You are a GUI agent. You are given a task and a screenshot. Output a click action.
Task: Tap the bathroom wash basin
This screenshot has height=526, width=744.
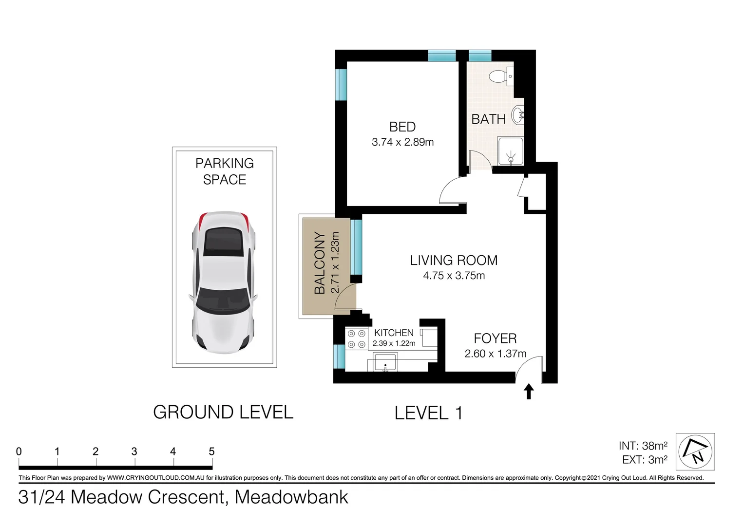coord(518,115)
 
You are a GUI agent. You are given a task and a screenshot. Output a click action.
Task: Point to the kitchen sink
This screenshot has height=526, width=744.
coord(385,363)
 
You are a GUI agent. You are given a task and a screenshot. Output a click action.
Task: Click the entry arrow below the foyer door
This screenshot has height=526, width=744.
coord(529,392)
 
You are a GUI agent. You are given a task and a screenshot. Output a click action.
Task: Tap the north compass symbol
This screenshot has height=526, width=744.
coord(695,451)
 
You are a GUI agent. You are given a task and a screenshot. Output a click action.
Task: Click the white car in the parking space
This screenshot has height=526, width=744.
coord(223,282)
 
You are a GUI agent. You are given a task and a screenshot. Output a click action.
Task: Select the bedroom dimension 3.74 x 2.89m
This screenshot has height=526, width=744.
coord(402,142)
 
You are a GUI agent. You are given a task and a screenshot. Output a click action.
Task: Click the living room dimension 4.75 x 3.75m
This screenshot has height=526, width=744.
coord(454,276)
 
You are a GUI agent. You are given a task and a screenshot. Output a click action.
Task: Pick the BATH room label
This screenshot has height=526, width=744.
coord(488,119)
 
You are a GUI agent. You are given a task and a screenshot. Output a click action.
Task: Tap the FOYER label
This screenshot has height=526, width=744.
coord(495,338)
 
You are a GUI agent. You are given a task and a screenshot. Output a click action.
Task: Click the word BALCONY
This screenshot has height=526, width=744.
coord(320,263)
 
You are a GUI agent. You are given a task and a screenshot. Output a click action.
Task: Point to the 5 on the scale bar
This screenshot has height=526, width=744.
coord(211,451)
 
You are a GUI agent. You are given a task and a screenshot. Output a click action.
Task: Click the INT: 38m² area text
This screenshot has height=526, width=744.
coord(643,446)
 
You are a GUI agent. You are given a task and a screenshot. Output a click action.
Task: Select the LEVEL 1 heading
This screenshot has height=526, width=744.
coord(428,413)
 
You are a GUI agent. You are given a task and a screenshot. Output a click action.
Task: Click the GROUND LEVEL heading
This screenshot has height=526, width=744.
coord(223,413)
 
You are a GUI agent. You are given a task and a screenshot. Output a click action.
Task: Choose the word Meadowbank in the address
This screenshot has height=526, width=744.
coord(291,497)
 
